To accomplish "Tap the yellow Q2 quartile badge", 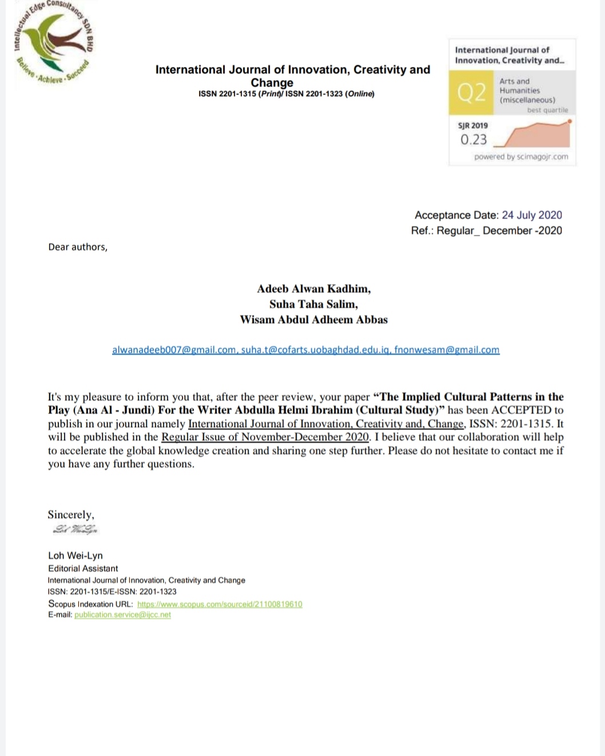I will pos(471,92).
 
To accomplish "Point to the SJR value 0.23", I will pos(473,139).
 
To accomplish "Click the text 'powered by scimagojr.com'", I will pos(521,157).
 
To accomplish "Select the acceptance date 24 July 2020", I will pos(532,215).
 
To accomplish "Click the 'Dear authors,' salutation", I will pos(78,247).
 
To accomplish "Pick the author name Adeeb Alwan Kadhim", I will pos(313,289).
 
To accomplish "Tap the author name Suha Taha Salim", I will pos(313,304).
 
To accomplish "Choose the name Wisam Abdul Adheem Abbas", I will pos(313,319).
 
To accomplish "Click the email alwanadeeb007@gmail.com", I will pos(174,350).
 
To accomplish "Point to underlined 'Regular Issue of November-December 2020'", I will pos(265,437).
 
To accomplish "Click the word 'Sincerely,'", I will pos(71,514).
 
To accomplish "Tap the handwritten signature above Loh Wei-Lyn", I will pos(75,530).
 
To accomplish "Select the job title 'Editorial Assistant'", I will pos(83,568).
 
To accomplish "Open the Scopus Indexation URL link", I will pos(220,604).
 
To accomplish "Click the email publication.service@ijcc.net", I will pos(122,615).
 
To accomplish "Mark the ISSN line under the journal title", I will pos(286,94).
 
